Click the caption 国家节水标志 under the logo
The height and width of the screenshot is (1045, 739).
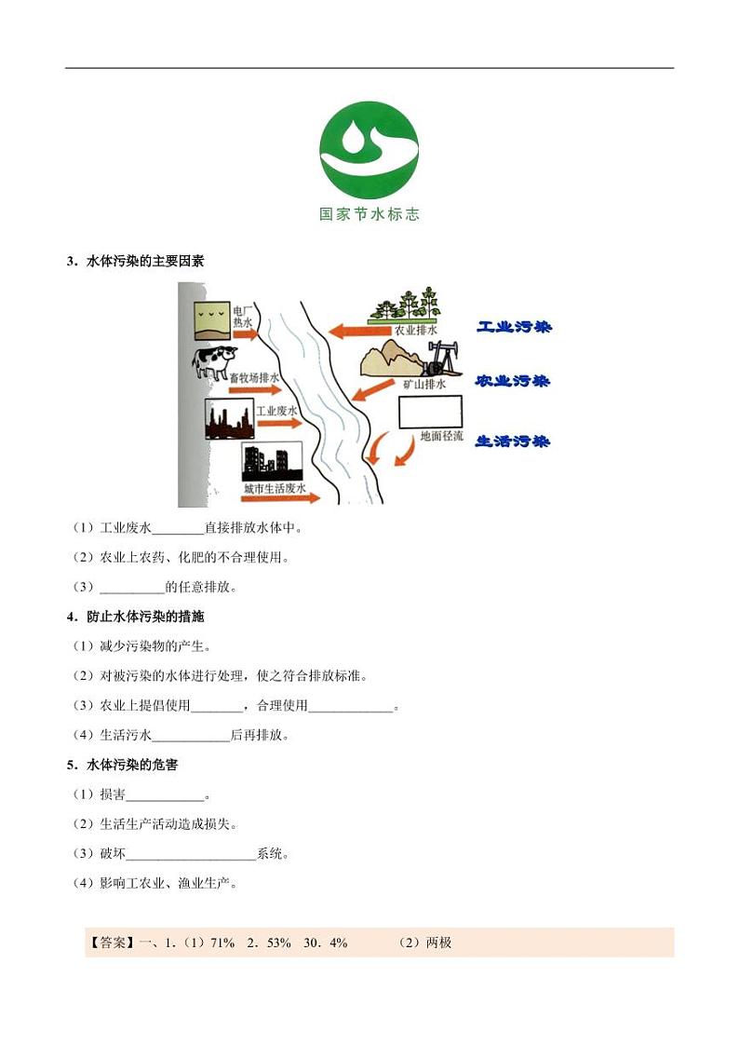point(369,214)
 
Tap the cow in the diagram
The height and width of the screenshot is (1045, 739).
point(215,360)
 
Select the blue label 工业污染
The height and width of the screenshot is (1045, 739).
point(513,328)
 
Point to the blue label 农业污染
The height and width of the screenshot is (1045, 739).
point(513,382)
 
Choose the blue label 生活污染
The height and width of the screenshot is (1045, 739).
point(513,441)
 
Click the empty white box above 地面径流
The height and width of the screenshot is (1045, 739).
point(430,412)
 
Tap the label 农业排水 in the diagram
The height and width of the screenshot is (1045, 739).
point(415,330)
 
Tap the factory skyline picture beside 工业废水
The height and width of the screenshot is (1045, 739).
point(228,419)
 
